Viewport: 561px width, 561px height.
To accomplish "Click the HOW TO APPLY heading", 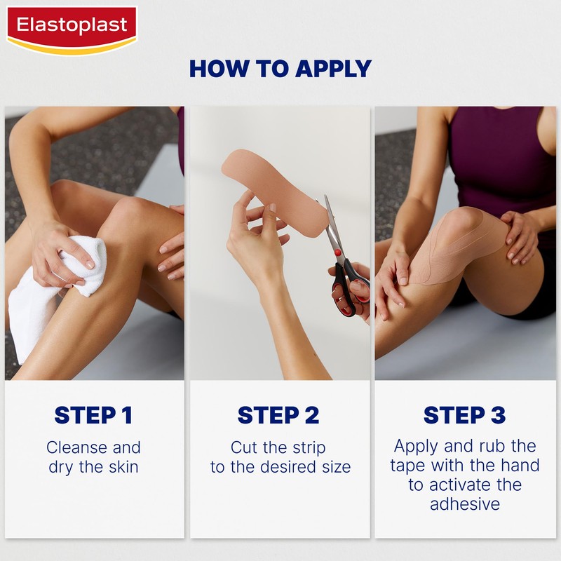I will click(x=280, y=69).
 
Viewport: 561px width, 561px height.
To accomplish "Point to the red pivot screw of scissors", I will click(x=339, y=251).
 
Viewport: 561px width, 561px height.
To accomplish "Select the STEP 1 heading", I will click(x=93, y=415).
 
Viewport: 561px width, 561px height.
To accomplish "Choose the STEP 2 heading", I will click(x=279, y=415).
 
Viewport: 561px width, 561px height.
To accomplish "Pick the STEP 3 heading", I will click(x=464, y=415).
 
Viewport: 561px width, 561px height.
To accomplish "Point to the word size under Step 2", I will click(x=335, y=467).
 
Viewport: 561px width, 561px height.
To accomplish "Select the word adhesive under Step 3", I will click(x=464, y=504).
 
